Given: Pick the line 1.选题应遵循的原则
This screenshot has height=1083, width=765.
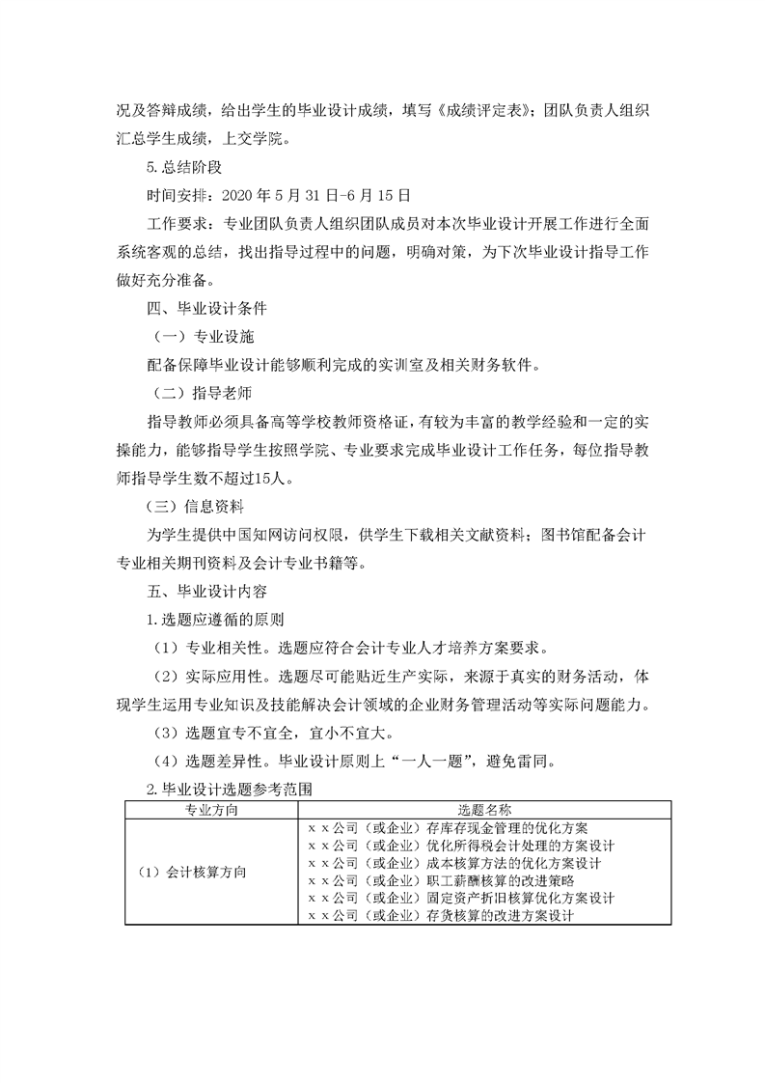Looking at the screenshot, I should pos(214,618).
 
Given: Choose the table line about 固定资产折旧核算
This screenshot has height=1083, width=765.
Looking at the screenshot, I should pos(460,899).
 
